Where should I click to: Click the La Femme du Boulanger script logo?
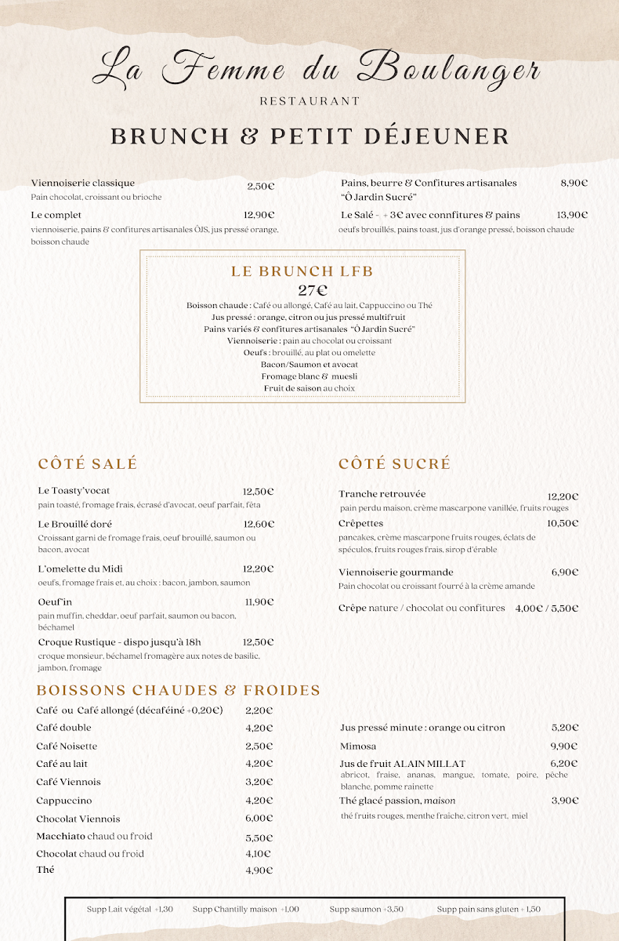pyautogui.click(x=316, y=70)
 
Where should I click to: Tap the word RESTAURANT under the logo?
pyautogui.click(x=309, y=101)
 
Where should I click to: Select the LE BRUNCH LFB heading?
pyautogui.click(x=302, y=271)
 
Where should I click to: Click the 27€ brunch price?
pyautogui.click(x=313, y=290)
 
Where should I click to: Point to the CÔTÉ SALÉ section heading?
pyautogui.click(x=88, y=463)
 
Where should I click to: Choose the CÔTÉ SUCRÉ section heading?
pyautogui.click(x=395, y=463)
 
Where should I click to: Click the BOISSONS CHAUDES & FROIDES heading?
pyautogui.click(x=179, y=690)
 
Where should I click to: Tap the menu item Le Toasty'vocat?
pyautogui.click(x=74, y=491)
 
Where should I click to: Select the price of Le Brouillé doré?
pyautogui.click(x=259, y=524)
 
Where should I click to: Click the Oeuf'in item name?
pyautogui.click(x=55, y=602)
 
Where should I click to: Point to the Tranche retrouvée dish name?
pyautogui.click(x=382, y=494)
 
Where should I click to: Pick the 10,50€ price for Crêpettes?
pyautogui.click(x=563, y=523)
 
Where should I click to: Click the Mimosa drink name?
pyautogui.click(x=358, y=746)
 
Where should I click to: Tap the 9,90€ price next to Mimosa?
pyautogui.click(x=564, y=746)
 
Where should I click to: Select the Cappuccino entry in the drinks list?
pyautogui.click(x=64, y=801)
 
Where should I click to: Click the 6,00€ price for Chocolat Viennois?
pyautogui.click(x=259, y=819)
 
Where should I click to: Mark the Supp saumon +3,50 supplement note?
pyautogui.click(x=367, y=909)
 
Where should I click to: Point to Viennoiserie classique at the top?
pyautogui.click(x=83, y=183)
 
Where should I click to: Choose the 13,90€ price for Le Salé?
pyautogui.click(x=572, y=215)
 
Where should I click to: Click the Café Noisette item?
pyautogui.click(x=67, y=746)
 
